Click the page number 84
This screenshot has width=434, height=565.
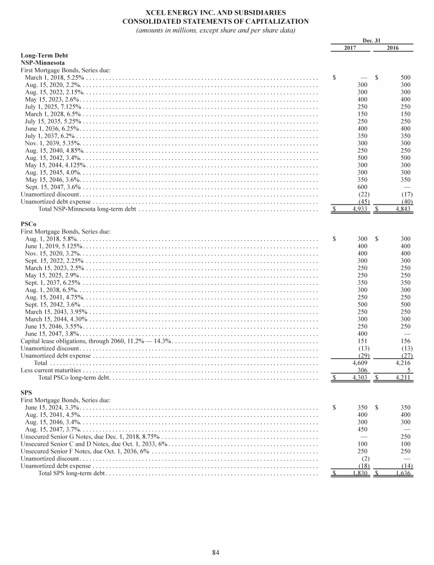[216, 552]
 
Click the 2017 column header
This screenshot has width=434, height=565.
[351, 48]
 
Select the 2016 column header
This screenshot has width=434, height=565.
[392, 48]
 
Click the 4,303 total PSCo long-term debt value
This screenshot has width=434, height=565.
[361, 377]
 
